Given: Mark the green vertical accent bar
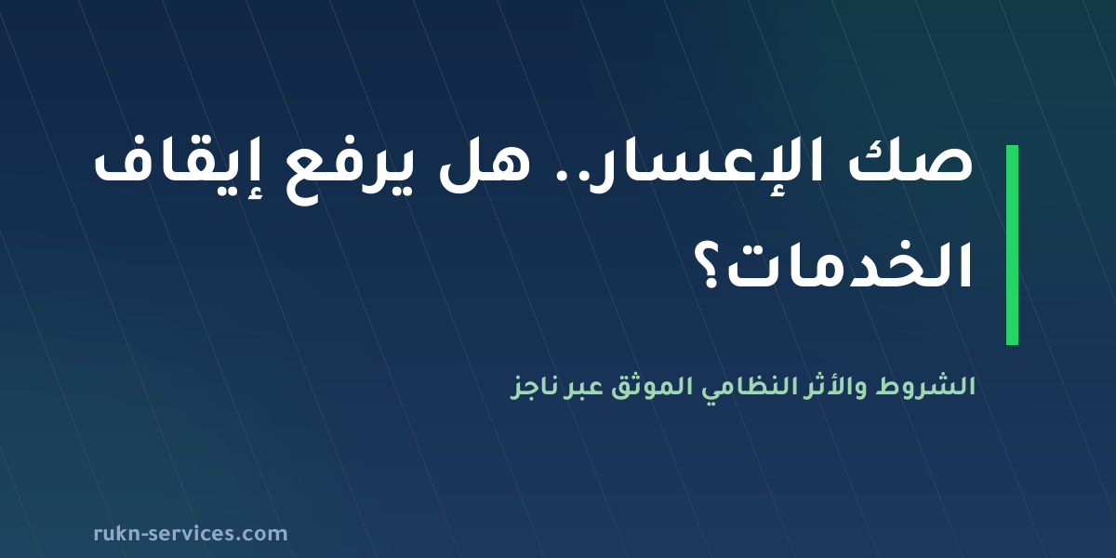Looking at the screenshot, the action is [1012, 245].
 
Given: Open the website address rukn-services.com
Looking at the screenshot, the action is [191, 534].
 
